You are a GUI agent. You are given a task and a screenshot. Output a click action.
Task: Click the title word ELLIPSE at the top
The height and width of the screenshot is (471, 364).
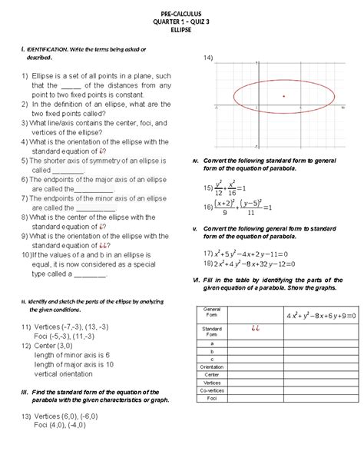(182, 29)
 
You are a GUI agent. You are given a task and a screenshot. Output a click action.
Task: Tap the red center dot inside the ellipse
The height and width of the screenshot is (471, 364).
(284, 96)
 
